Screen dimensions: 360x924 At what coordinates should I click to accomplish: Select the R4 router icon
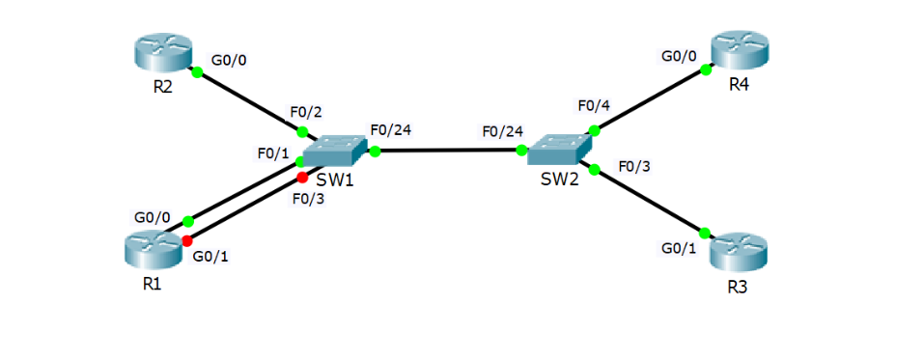click(741, 50)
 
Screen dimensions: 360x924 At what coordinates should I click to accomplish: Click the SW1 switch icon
click(334, 150)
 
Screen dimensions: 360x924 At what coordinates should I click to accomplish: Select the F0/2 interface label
click(306, 112)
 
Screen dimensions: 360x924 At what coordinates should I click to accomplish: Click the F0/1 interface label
click(273, 153)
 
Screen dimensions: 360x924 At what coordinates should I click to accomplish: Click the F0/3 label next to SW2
click(634, 165)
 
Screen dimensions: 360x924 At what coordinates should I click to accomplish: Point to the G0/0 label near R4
click(678, 56)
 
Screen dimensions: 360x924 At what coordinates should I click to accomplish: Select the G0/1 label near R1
click(211, 257)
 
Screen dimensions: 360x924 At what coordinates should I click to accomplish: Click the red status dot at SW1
click(302, 178)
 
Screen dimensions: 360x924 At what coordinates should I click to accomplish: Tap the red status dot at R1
click(187, 239)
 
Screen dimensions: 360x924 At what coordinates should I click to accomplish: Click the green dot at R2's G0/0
click(196, 71)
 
